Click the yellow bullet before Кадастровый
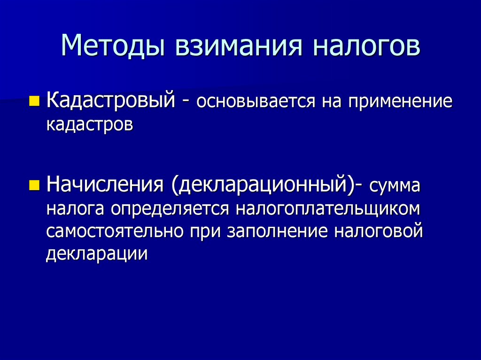coord(34,100)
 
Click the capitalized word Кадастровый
coord(111,100)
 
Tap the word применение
coord(400,102)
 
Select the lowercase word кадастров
coord(89,124)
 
